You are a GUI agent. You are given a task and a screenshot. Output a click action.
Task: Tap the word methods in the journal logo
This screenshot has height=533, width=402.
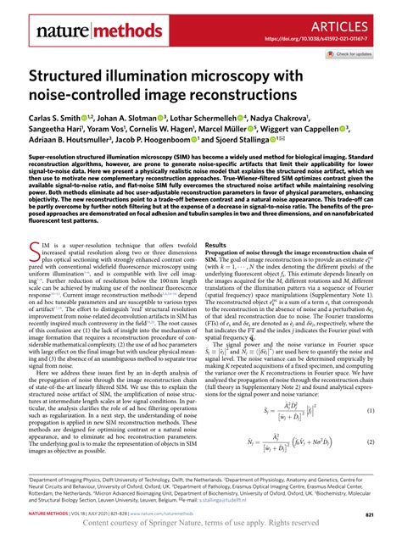pyautogui.click(x=108, y=34)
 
